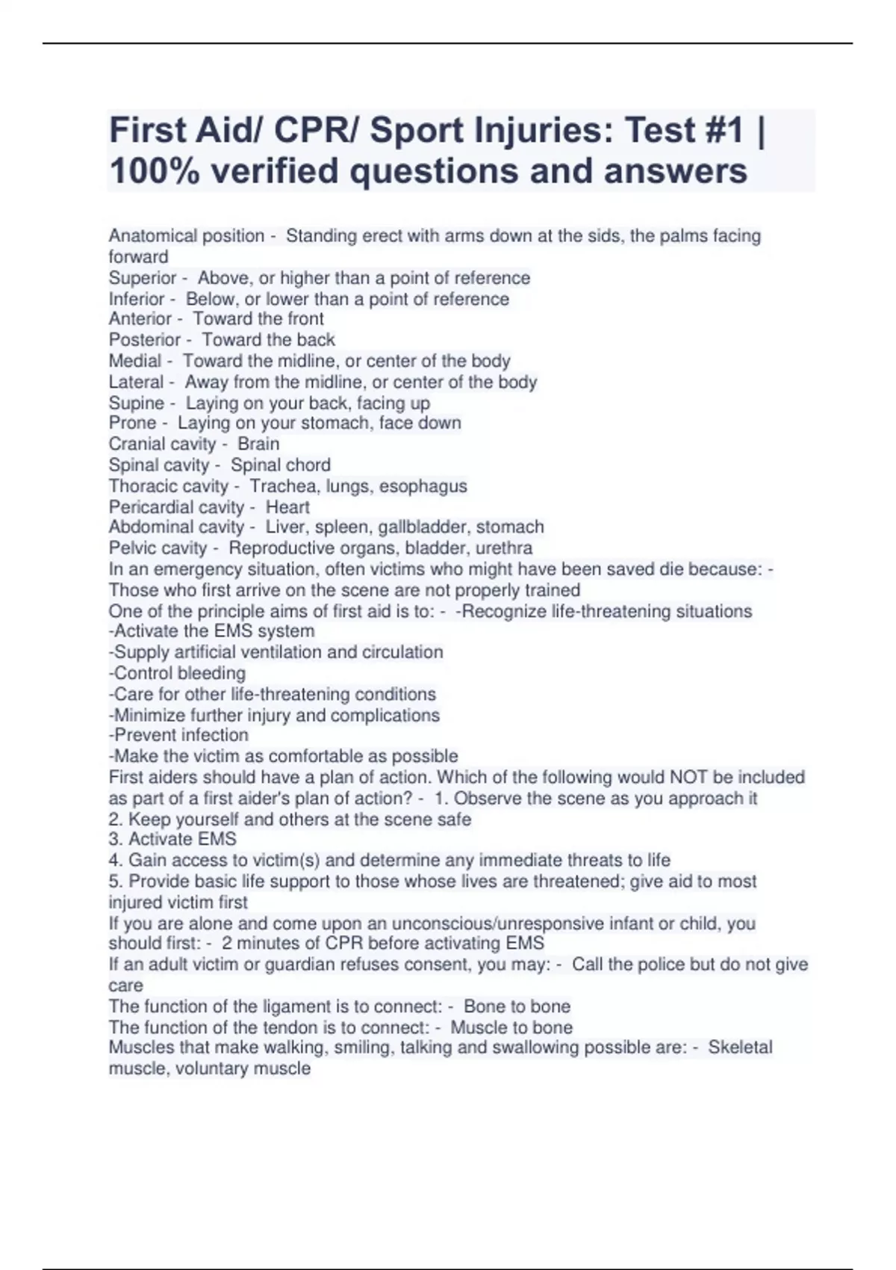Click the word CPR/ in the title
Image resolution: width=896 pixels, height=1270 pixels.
pyautogui.click(x=317, y=131)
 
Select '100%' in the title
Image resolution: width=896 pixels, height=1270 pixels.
pyautogui.click(x=154, y=171)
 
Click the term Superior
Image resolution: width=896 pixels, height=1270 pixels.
pyautogui.click(x=143, y=278)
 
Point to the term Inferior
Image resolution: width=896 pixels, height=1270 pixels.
pyautogui.click(x=137, y=299)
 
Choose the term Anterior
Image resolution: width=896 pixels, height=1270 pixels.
pyautogui.click(x=140, y=319)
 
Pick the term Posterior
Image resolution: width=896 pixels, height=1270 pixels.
pyautogui.click(x=145, y=340)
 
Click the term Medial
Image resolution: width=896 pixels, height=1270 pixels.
pyautogui.click(x=135, y=361)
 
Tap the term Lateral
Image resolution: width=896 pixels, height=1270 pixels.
pyautogui.click(x=136, y=382)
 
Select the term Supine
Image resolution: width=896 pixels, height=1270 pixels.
pyautogui.click(x=137, y=403)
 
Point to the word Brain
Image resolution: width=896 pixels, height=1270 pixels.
pyautogui.click(x=258, y=444)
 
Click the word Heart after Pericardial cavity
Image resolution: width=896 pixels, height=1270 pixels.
pyautogui.click(x=287, y=507)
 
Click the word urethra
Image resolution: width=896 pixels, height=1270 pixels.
pyautogui.click(x=504, y=548)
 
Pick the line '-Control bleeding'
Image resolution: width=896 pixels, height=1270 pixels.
pyautogui.click(x=177, y=673)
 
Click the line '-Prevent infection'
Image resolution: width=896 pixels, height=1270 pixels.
pyautogui.click(x=178, y=735)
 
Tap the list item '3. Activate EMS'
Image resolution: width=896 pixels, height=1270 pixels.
pyautogui.click(x=172, y=839)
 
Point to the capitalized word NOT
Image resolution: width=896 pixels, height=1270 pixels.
pyautogui.click(x=688, y=777)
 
